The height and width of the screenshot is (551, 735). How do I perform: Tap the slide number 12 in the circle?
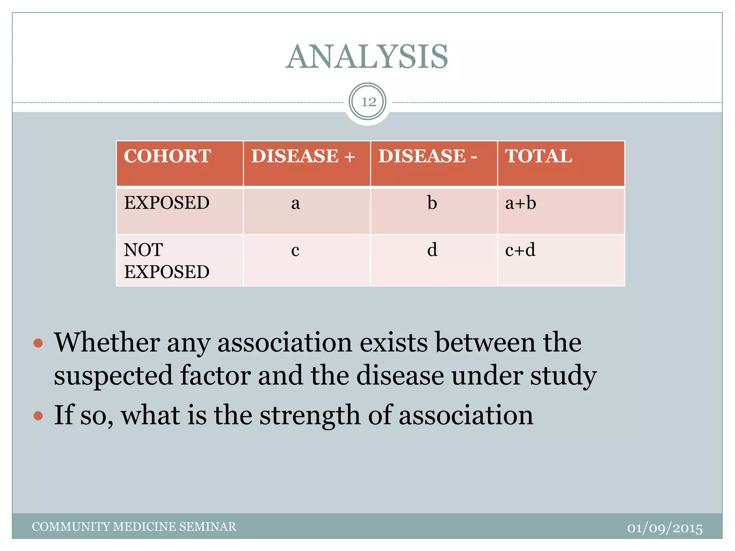(x=368, y=102)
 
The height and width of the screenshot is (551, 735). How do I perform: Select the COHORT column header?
(x=167, y=156)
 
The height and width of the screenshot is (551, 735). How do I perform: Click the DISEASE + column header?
(x=303, y=156)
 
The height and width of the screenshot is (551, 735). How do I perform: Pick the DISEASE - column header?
(x=427, y=156)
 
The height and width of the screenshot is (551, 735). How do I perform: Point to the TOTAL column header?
(x=538, y=156)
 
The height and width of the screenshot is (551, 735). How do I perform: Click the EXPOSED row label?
(x=167, y=203)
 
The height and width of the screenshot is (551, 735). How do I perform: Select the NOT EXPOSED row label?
(x=167, y=261)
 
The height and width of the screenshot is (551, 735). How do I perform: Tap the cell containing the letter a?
(x=295, y=203)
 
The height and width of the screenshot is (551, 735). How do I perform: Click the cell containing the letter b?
(x=432, y=203)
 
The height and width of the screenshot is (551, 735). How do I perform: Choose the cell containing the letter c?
(x=295, y=250)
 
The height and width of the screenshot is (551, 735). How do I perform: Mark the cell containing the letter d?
(x=432, y=250)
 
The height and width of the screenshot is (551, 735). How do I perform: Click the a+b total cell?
(x=520, y=203)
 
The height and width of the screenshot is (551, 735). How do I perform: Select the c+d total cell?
(x=520, y=250)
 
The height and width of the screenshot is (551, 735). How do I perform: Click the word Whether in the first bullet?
(x=107, y=343)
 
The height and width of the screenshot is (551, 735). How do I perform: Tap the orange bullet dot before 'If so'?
(x=38, y=416)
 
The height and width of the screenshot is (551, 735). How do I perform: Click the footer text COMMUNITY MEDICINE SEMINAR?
(x=134, y=527)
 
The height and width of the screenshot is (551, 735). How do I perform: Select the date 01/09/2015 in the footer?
(x=665, y=528)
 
